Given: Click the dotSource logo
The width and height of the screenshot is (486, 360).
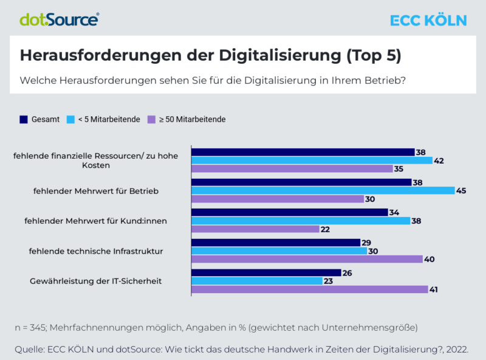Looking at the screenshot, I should [x=59, y=19].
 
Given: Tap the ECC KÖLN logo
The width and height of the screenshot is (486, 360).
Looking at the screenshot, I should [x=428, y=20].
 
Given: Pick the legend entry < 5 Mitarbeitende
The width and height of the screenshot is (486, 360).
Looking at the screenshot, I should [x=103, y=119].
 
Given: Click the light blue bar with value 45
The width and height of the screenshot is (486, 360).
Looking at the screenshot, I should [x=323, y=190].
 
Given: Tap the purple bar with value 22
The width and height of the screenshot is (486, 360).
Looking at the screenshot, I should [x=255, y=229].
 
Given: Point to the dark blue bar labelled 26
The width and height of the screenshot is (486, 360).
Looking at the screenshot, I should [x=266, y=273].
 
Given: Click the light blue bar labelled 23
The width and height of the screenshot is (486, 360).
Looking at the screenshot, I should [x=257, y=281].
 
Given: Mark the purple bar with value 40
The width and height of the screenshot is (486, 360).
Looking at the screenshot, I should [x=307, y=259].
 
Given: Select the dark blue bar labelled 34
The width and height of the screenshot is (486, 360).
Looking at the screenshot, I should [x=289, y=212].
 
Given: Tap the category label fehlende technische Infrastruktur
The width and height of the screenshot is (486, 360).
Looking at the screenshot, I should [x=95, y=251].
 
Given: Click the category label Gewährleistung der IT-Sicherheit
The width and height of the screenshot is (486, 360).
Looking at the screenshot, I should [x=96, y=281].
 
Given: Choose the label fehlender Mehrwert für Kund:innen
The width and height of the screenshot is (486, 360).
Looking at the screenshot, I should [x=95, y=220].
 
